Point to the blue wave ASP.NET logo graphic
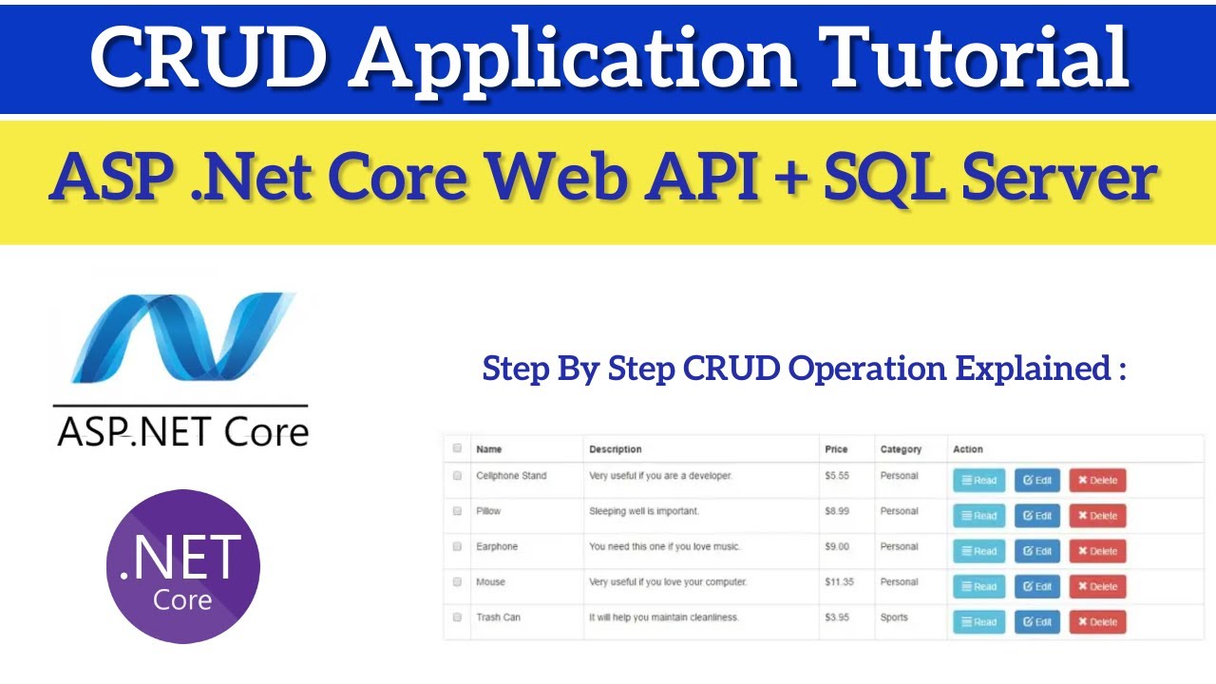click(183, 337)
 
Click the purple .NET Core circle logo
click(183, 566)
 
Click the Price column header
click(836, 449)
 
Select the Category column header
click(901, 449)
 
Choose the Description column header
click(615, 449)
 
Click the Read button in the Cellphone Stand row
click(979, 480)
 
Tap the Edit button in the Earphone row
click(1037, 551)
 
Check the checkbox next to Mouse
click(457, 582)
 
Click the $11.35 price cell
click(839, 582)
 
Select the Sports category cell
click(894, 617)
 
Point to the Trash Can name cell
click(499, 617)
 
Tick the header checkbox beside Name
click(457, 447)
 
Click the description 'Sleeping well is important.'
click(644, 511)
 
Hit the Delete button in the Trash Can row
click(1097, 621)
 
